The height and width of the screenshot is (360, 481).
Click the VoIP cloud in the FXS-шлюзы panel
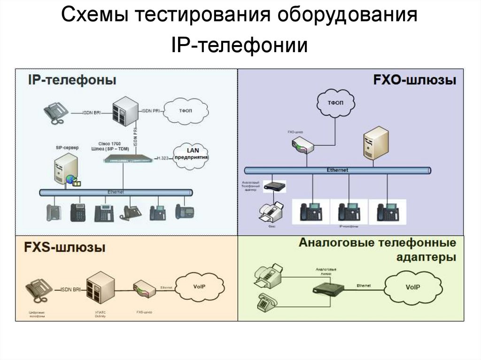[199, 286]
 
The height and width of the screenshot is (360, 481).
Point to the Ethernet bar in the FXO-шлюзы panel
[337, 170]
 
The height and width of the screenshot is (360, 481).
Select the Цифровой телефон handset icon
[38, 291]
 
